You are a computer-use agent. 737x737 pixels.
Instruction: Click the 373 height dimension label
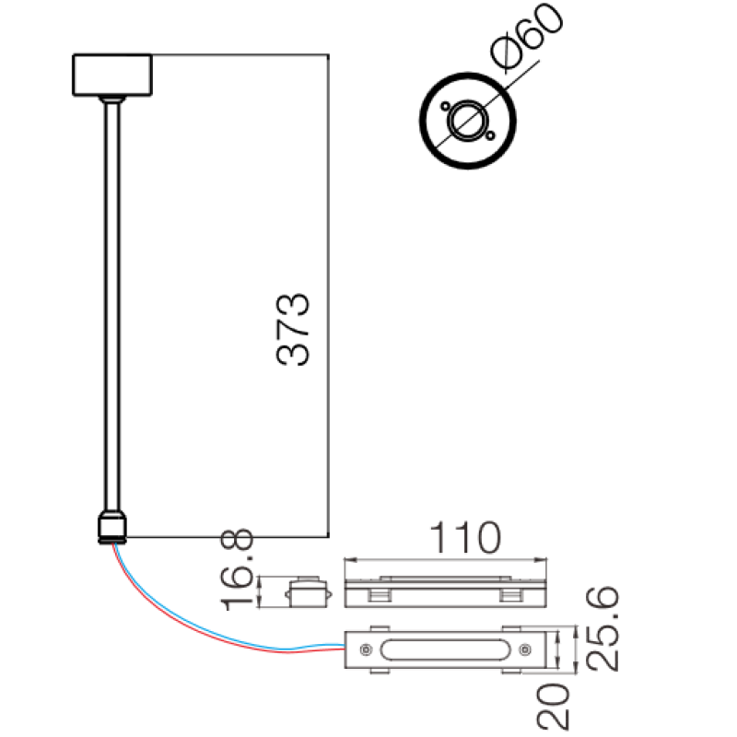click(x=293, y=329)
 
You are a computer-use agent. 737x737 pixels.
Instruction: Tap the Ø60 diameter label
click(x=526, y=37)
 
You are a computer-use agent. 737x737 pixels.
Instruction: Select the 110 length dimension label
click(x=465, y=538)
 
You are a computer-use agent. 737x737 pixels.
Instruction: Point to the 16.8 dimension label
click(x=238, y=568)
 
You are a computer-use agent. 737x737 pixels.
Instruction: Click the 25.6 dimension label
click(x=602, y=628)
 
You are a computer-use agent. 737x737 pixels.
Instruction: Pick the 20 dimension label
click(x=554, y=707)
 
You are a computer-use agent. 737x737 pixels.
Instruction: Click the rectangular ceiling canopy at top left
click(x=112, y=76)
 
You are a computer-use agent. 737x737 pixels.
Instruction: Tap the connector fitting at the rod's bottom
click(x=112, y=527)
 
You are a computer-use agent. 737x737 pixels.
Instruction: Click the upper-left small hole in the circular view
click(x=445, y=106)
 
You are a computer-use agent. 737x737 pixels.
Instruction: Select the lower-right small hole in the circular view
click(x=490, y=135)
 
